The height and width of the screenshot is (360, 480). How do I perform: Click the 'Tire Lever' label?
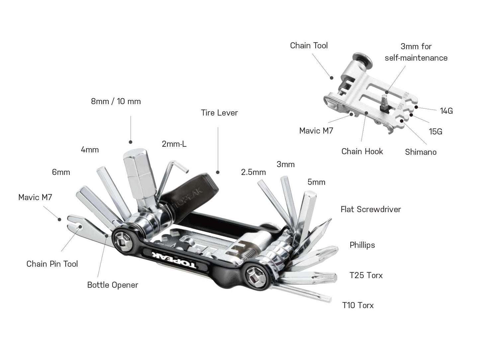point(219,113)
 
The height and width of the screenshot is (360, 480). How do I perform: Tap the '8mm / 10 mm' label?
point(116,101)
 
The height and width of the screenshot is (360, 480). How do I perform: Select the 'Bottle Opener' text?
point(112,285)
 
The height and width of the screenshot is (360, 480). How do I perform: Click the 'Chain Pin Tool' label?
point(52,264)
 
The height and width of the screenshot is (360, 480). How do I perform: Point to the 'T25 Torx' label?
point(366,275)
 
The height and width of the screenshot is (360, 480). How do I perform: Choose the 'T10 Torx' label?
point(358,305)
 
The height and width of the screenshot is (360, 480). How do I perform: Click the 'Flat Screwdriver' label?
point(371,209)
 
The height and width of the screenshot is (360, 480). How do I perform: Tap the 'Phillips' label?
point(362,245)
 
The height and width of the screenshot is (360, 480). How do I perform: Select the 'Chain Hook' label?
point(362,152)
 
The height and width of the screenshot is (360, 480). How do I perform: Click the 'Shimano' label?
point(421,152)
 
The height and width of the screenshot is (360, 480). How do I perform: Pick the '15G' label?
point(435,132)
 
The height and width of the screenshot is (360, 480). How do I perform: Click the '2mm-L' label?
point(174,144)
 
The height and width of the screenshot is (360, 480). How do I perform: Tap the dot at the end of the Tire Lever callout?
point(218,172)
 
